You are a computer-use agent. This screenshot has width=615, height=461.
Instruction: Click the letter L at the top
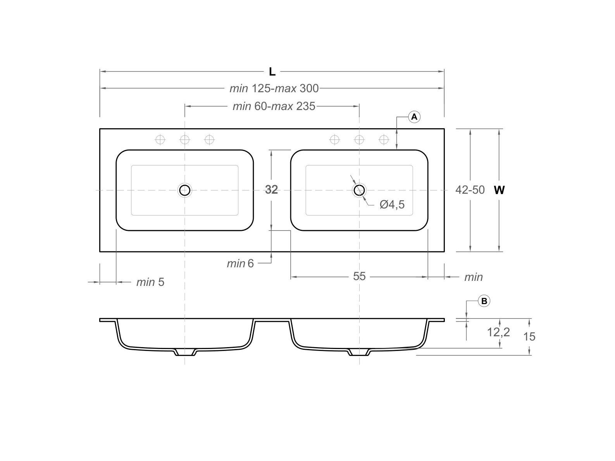point(272,72)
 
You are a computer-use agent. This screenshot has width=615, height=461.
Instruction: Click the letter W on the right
point(500,190)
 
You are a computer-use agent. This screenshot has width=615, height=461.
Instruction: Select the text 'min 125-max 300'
point(274,89)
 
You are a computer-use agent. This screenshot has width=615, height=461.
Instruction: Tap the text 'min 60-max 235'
point(274,106)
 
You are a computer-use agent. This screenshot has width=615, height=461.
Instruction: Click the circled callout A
point(414,117)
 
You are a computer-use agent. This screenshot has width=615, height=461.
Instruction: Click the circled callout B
point(484,301)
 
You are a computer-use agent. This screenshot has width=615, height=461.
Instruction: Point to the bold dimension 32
point(271,190)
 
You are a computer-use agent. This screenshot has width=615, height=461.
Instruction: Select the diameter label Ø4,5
point(392,205)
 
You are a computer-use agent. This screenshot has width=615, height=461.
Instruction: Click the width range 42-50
point(470,190)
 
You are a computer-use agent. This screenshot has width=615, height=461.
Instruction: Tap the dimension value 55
point(359,276)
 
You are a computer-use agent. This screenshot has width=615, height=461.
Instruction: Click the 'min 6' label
point(240,263)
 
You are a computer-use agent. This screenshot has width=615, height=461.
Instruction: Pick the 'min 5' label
point(150,282)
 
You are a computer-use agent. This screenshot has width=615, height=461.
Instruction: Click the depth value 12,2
point(498,332)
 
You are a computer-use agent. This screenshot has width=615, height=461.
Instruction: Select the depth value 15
point(529,336)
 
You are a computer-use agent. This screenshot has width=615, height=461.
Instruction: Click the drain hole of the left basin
point(185,190)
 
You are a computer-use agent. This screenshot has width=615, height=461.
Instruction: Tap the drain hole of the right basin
point(359,190)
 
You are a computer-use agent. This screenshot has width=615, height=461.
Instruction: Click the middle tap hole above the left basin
point(185,139)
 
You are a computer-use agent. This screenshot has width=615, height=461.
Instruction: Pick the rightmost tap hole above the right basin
point(384,139)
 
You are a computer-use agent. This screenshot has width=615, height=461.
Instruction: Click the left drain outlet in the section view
point(185,352)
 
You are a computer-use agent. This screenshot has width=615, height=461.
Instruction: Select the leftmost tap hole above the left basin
point(160,139)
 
